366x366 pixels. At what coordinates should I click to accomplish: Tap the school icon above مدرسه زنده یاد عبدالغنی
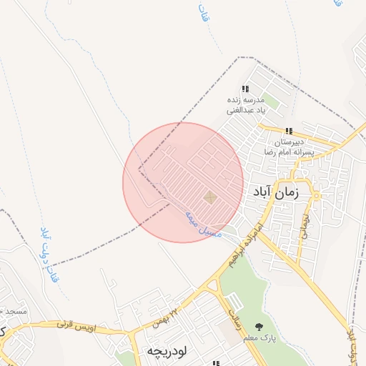245,89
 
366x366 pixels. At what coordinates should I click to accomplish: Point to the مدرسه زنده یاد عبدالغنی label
246,105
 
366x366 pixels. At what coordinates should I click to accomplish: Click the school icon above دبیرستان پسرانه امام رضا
288,131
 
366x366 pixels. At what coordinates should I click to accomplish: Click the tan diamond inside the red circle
210,197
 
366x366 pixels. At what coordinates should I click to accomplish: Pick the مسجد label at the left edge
14,312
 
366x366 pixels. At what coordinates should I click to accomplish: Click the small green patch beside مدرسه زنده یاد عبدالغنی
274,102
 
